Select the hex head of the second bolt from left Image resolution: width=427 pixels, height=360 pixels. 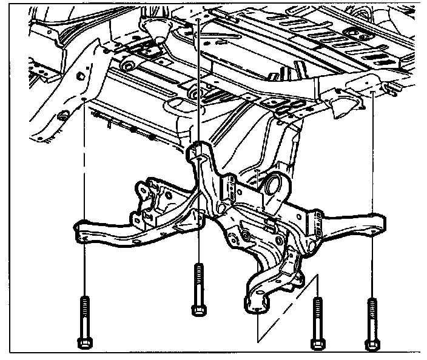coord(197,310)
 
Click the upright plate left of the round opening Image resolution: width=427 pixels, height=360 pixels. coord(231,188)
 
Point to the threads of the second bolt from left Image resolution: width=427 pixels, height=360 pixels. coord(198,282)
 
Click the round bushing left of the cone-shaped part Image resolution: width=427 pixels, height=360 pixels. coord(127,64)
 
